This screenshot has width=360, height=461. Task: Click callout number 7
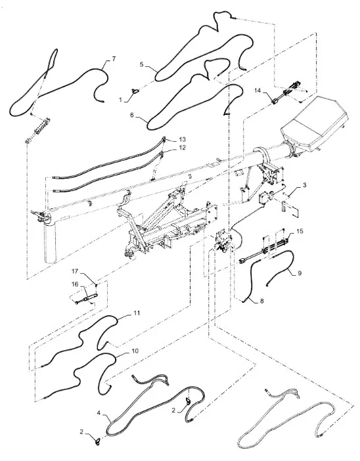coord(114,59)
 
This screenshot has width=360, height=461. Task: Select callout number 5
coord(142,64)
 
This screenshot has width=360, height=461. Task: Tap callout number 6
coord(132,115)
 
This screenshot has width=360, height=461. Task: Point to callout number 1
coord(120,100)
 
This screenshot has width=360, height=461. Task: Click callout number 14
coord(258,91)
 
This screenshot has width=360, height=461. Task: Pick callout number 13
coord(183,139)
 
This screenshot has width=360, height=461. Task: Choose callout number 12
coord(183,148)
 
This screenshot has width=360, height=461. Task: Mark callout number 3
coord(304,185)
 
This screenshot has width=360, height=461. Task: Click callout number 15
coord(300,231)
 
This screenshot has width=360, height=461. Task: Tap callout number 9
coord(300,273)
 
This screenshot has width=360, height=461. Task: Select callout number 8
coord(261,301)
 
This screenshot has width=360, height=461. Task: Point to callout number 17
coord(75,271)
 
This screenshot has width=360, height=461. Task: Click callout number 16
coord(75,284)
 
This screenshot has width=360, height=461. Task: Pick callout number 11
coord(137,313)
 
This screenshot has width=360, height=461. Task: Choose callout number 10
coord(135,351)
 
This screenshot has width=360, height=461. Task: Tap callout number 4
coord(99,413)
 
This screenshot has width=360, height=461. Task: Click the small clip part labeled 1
coord(135,91)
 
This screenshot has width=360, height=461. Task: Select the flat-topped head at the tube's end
coord(314,123)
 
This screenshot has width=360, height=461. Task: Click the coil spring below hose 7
coord(38,130)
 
